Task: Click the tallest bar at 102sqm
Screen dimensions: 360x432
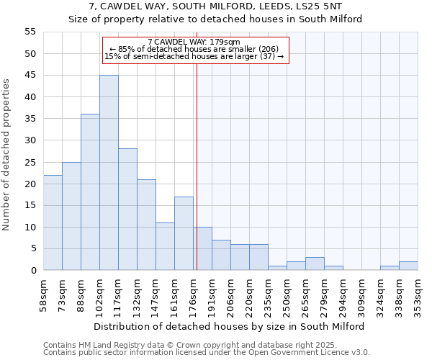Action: [x=109, y=173]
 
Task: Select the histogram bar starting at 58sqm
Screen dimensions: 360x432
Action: [x=53, y=222]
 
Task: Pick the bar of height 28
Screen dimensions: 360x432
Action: [x=127, y=210]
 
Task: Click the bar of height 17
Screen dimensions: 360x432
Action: [x=184, y=233]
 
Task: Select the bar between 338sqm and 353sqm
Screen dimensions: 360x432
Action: [x=408, y=266]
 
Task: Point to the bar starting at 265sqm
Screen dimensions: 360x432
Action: [x=315, y=264]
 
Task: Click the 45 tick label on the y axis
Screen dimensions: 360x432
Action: [x=30, y=76]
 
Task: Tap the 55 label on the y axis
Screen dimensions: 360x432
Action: [x=30, y=32]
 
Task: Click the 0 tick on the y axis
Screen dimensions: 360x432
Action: [x=33, y=271]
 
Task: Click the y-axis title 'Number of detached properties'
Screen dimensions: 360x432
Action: [x=7, y=154]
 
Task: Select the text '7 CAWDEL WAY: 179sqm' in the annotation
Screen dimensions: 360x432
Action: [x=194, y=42]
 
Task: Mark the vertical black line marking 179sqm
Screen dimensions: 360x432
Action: [x=197, y=158]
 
